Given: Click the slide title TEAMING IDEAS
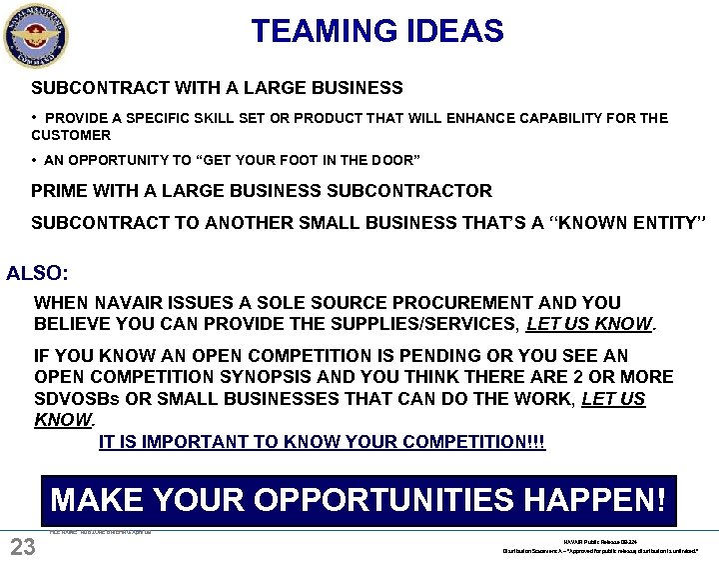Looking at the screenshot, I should (377, 31).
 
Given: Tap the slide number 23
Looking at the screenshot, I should (22, 546).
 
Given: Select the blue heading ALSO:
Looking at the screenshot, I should (37, 272).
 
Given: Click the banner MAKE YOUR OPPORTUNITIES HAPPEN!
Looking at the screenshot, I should (358, 499).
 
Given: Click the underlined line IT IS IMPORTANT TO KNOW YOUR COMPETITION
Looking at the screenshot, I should (322, 441).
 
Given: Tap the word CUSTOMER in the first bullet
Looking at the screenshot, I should (71, 135).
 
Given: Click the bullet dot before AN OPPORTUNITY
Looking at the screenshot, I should (35, 160).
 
